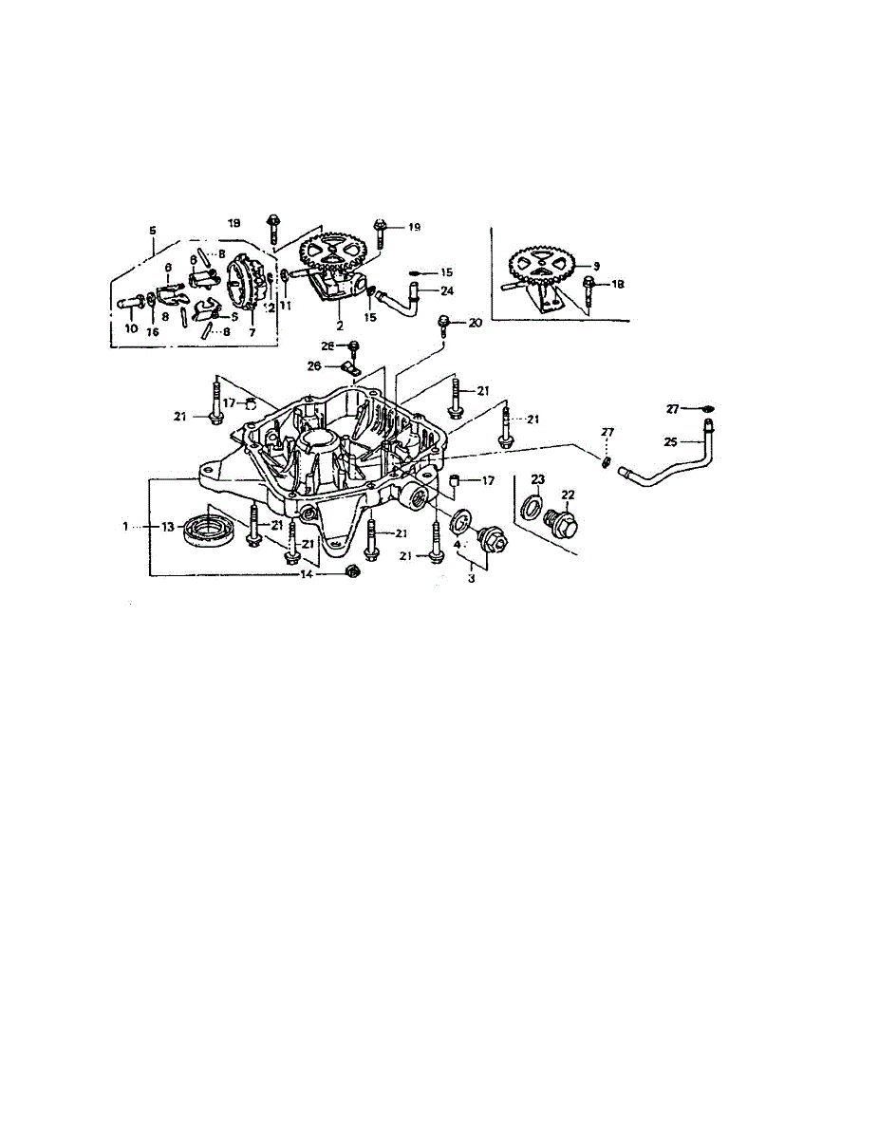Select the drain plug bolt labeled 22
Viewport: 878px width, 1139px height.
[x=564, y=524]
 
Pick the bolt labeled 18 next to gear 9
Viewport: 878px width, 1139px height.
[x=588, y=284]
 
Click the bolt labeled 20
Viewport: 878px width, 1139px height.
[x=443, y=326]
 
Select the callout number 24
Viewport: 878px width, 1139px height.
[x=447, y=290]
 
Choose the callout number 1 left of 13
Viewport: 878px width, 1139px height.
[x=123, y=526]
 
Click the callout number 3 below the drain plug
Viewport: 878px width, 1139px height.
[x=472, y=577]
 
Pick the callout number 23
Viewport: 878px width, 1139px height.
[x=538, y=478]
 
